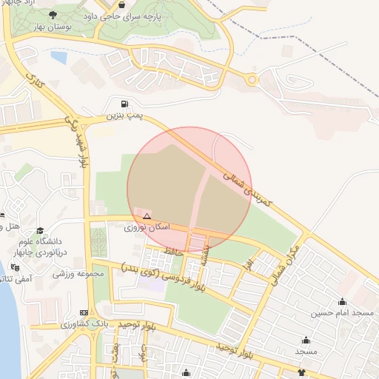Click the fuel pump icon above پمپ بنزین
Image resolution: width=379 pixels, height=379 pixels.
(x=124, y=104)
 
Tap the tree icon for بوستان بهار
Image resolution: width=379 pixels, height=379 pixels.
(x=52, y=15)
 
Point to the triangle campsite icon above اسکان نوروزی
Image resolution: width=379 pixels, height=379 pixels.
(x=147, y=216)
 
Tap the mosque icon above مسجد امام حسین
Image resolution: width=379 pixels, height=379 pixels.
(x=342, y=301)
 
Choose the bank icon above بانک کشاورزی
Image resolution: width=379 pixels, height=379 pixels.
(x=84, y=313)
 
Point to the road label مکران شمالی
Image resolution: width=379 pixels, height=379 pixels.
(x=292, y=252)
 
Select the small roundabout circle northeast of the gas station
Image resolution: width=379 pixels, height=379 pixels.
(x=252, y=79)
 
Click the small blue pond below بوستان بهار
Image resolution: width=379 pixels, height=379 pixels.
(x=58, y=56)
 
